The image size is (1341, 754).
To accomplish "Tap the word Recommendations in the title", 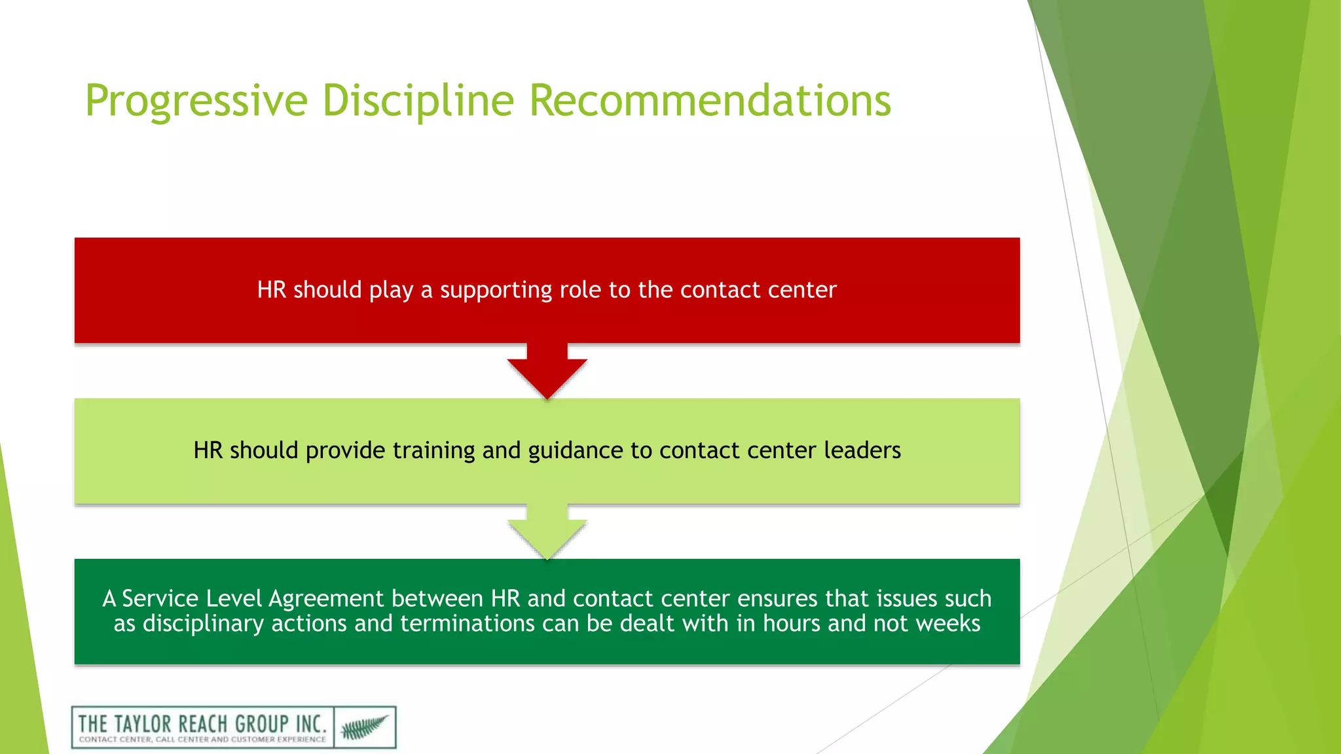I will (710, 101).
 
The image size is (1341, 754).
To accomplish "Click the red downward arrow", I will (547, 373).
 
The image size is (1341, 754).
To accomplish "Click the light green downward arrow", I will (547, 533).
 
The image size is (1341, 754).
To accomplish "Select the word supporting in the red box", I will (496, 290).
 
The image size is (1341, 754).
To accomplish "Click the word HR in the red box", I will (271, 290).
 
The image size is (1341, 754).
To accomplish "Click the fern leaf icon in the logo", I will (365, 727).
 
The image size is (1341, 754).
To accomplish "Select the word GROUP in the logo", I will (261, 724).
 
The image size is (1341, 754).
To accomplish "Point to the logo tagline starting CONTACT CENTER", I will (202, 740).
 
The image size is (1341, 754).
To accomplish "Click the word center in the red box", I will (802, 290).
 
